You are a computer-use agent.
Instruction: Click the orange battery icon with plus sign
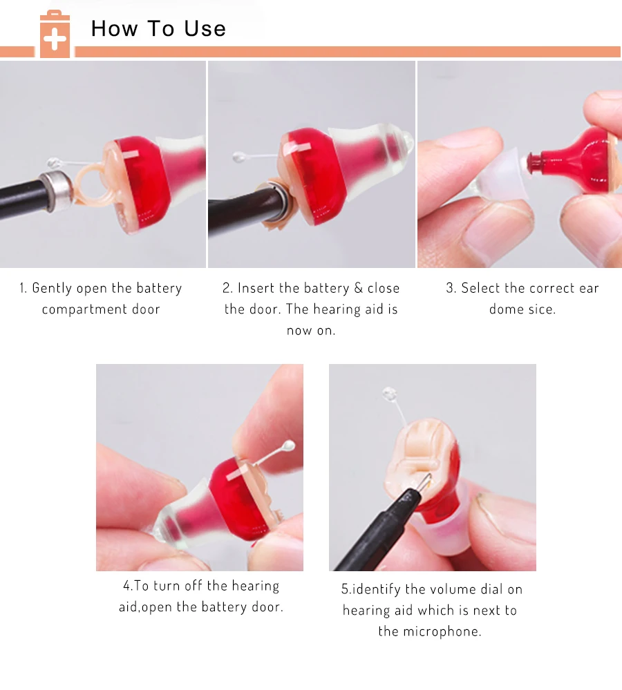pos(55,35)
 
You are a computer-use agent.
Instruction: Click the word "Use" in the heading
pos(205,29)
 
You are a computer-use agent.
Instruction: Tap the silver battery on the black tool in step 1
pos(56,191)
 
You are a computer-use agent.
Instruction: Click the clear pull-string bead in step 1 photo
pos(54,163)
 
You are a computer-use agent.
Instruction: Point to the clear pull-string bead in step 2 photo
pos(239,156)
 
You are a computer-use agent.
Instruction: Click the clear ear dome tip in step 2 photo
pos(407,140)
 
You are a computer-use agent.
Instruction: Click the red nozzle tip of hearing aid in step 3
pos(534,162)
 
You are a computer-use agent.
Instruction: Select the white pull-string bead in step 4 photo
pos(288,446)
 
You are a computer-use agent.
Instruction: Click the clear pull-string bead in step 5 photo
pos(389,394)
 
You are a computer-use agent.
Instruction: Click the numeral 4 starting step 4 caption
pos(126,586)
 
